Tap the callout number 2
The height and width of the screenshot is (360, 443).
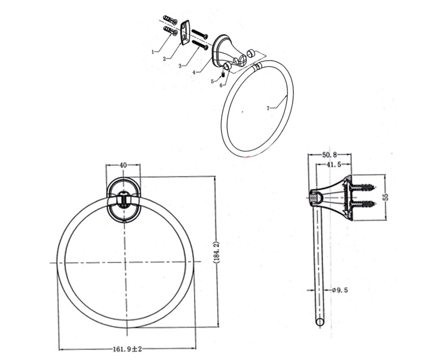(x=164, y=59)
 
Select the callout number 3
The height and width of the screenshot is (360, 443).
(x=179, y=66)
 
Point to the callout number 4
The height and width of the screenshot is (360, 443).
(x=193, y=73)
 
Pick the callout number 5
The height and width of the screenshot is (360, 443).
(x=212, y=81)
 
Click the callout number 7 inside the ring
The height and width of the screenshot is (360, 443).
(x=268, y=108)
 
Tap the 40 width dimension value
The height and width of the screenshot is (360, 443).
(x=123, y=165)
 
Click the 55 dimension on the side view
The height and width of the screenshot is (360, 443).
(x=385, y=196)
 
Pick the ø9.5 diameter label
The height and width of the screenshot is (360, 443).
(x=338, y=290)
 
